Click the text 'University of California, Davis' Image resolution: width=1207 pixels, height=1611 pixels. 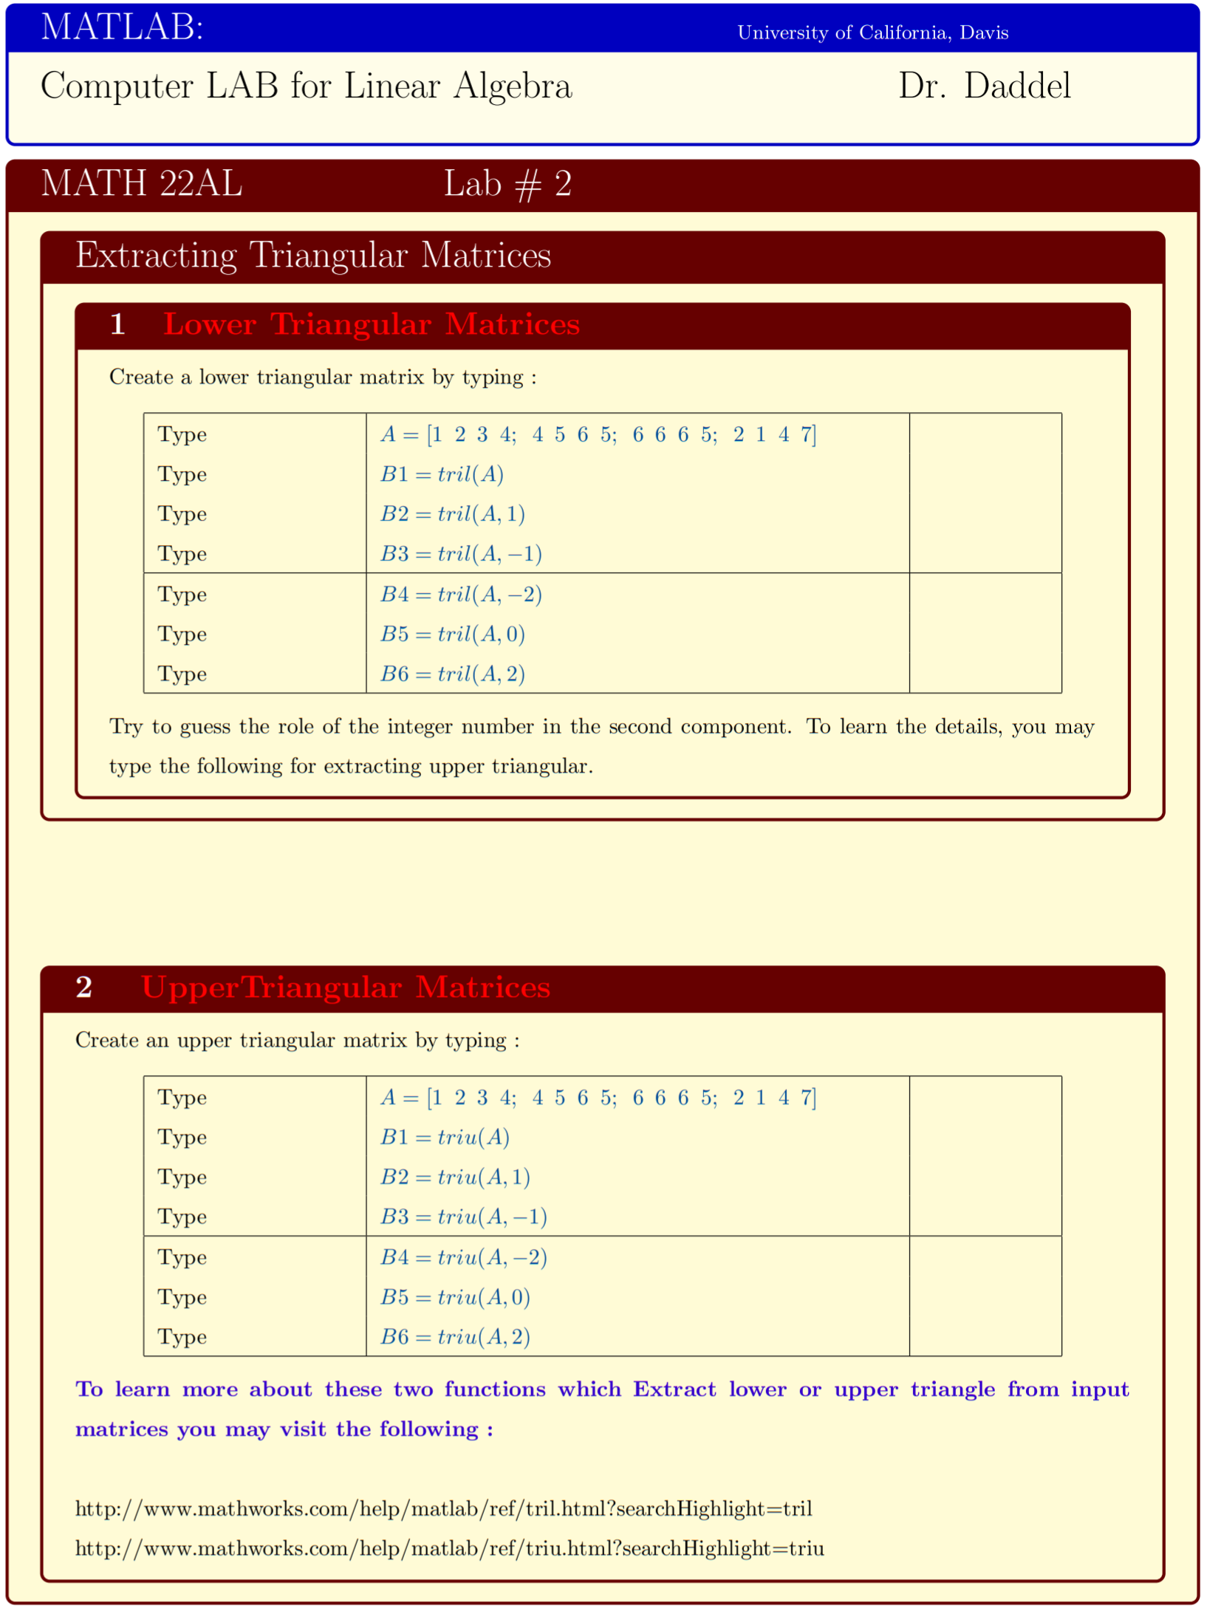[872, 33]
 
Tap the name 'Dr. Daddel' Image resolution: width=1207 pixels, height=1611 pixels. [984, 86]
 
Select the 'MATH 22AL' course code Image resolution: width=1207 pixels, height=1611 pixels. [142, 184]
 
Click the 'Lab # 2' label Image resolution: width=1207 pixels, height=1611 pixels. [507, 184]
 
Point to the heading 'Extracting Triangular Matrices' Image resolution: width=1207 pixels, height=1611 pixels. [313, 256]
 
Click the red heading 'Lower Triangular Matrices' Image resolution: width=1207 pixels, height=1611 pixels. [372, 325]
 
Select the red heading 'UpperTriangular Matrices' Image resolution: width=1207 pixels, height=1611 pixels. [346, 988]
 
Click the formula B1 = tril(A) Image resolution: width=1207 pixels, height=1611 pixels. [442, 474]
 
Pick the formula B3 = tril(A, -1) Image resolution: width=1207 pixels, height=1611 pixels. [461, 554]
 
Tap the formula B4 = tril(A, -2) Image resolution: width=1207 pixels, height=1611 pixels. [461, 595]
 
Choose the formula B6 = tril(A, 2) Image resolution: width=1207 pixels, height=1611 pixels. [452, 674]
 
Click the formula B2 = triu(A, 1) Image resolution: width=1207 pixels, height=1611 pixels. [455, 1177]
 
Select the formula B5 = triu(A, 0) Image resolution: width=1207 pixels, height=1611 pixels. [455, 1297]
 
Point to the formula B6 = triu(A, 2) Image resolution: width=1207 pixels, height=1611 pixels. [455, 1337]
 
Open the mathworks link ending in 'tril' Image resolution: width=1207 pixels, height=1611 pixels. [443, 1509]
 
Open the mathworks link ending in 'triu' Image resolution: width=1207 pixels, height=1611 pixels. [449, 1549]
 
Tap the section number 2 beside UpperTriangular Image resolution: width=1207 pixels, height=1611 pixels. [84, 988]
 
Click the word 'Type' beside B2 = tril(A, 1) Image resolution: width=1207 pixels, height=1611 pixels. [182, 514]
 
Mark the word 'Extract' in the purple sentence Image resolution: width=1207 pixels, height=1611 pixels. [674, 1389]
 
